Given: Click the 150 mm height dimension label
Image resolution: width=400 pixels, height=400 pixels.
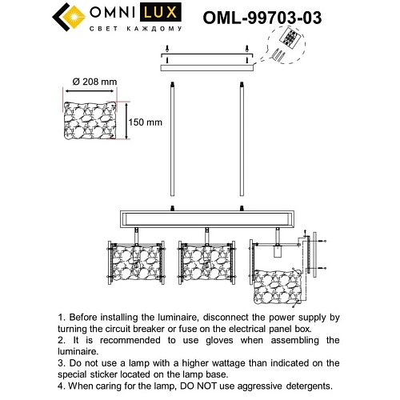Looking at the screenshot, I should click(x=146, y=122).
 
